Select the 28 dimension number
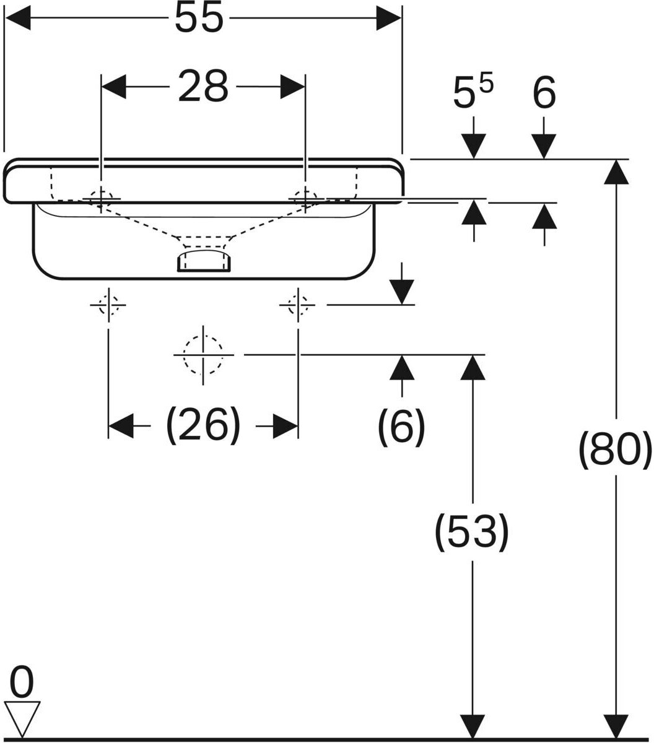[x=203, y=87]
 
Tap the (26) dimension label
[x=203, y=425]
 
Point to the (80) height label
[x=615, y=450]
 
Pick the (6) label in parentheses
[x=401, y=427]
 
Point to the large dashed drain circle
[x=203, y=355]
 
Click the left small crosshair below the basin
[x=108, y=305]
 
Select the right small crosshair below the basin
[x=298, y=305]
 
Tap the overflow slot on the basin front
[x=204, y=261]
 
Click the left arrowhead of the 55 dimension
[x=17, y=18]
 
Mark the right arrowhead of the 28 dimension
[x=293, y=87]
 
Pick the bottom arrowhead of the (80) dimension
[x=616, y=725]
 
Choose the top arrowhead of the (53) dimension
[x=473, y=368]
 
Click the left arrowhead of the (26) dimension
[x=121, y=426]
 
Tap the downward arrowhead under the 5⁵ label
[x=474, y=146]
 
